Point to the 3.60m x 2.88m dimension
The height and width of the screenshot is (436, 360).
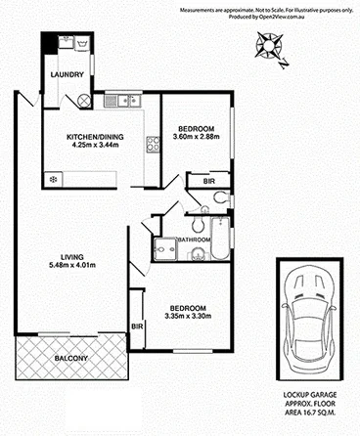[x=202, y=137]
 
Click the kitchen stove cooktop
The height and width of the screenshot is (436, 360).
[x=153, y=147]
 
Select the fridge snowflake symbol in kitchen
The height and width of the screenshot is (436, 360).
[x=53, y=179]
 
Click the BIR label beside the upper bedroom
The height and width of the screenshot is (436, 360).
[x=208, y=182]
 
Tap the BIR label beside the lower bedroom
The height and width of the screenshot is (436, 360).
[x=137, y=326]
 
